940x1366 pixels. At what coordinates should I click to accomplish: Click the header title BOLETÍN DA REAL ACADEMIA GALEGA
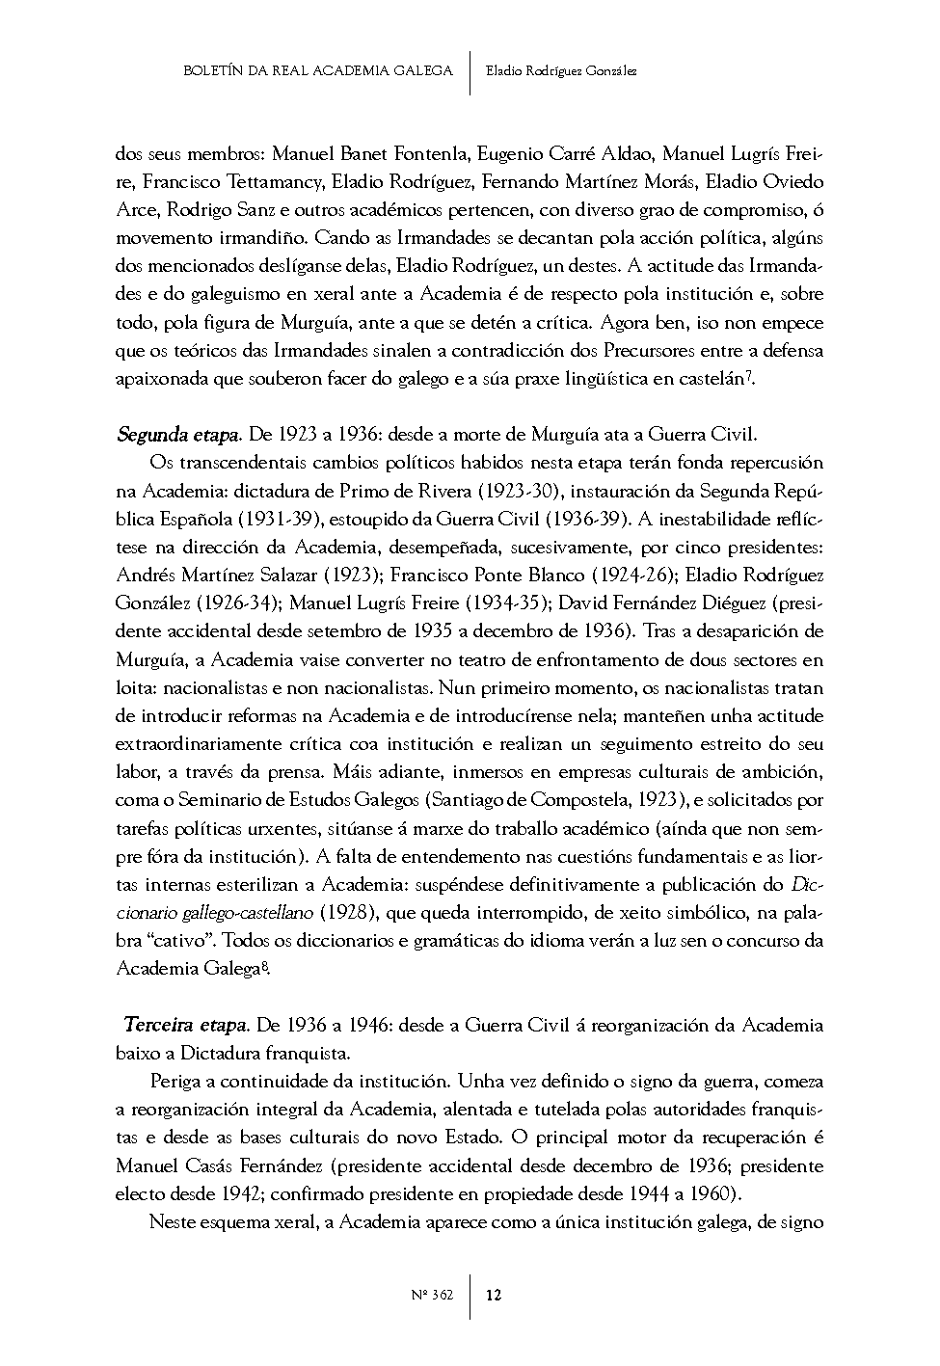click(317, 70)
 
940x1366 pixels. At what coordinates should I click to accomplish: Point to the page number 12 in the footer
click(494, 1295)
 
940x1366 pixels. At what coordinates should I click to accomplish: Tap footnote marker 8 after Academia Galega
click(264, 965)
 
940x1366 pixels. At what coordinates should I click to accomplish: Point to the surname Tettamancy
click(276, 181)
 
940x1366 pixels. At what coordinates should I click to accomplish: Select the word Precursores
click(697, 351)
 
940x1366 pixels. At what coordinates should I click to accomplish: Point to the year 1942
click(236, 1194)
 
